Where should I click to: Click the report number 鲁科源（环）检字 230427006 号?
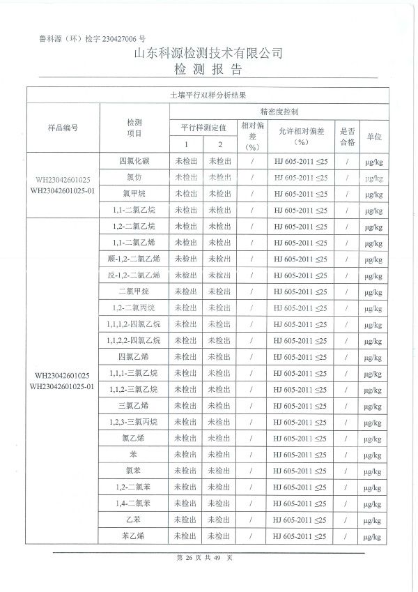pyautogui.click(x=92, y=40)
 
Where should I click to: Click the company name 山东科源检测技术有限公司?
pyautogui.click(x=208, y=54)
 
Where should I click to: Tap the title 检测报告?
pyautogui.click(x=208, y=69)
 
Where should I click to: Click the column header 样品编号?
pyautogui.click(x=63, y=128)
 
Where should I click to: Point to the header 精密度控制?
pyautogui.click(x=279, y=111)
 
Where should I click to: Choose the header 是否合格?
pyautogui.click(x=347, y=136)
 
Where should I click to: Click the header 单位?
pyautogui.click(x=374, y=137)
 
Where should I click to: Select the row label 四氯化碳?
pyautogui.click(x=134, y=161)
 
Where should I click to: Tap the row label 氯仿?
pyautogui.click(x=134, y=177)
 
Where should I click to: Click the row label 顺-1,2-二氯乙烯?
pyautogui.click(x=134, y=259)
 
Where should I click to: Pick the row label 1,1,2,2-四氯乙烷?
pyautogui.click(x=134, y=340)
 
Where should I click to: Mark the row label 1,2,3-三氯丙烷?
pyautogui.click(x=134, y=422)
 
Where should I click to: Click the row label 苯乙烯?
pyautogui.click(x=134, y=536)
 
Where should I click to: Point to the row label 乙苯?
pyautogui.click(x=134, y=519)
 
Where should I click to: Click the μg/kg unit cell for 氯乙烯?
pyautogui.click(x=374, y=438)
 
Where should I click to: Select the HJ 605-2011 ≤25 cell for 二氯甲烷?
pyautogui.click(x=300, y=291)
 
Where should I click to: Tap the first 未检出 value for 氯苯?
pyautogui.click(x=186, y=471)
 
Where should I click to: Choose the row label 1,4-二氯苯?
pyautogui.click(x=134, y=503)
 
